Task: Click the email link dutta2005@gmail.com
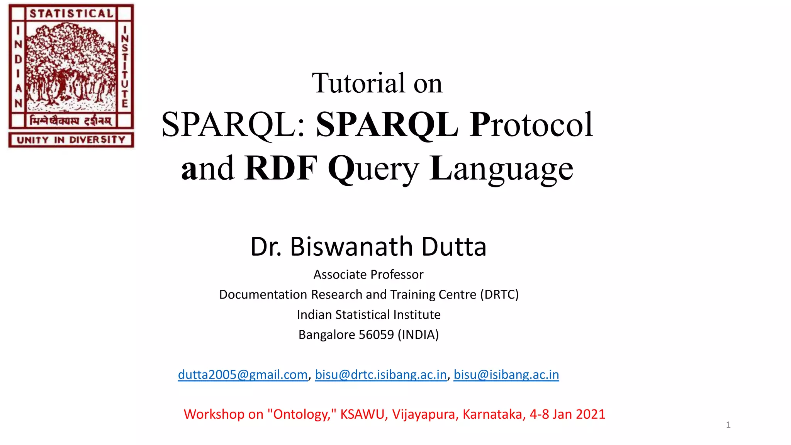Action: pyautogui.click(x=243, y=375)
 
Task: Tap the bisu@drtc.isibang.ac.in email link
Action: pyautogui.click(x=380, y=375)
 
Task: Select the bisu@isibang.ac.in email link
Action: pyautogui.click(x=506, y=375)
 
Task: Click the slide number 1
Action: pyautogui.click(x=728, y=425)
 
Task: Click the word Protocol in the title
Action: pyautogui.click(x=531, y=124)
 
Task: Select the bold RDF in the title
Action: pyautogui.click(x=281, y=168)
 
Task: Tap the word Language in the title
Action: pyautogui.click(x=501, y=168)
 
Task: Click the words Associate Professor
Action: pyautogui.click(x=368, y=275)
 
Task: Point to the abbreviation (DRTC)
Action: pyautogui.click(x=499, y=295)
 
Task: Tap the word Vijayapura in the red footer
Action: pyautogui.click(x=425, y=414)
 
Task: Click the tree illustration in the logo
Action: pyautogui.click(x=71, y=68)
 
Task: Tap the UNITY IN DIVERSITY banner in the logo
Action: pyautogui.click(x=71, y=140)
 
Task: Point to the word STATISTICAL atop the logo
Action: pyautogui.click(x=71, y=14)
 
